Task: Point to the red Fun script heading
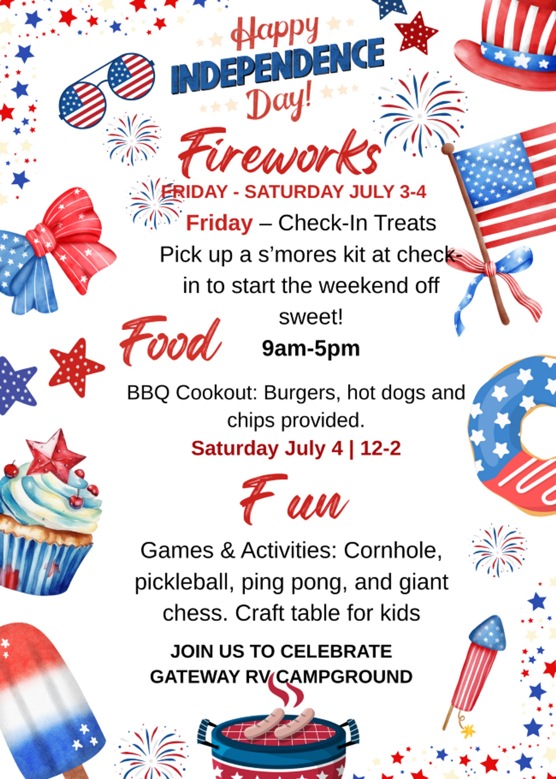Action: (x=294, y=500)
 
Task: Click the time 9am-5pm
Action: (x=311, y=349)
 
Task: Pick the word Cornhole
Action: (x=392, y=551)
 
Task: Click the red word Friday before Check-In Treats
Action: (x=219, y=223)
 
